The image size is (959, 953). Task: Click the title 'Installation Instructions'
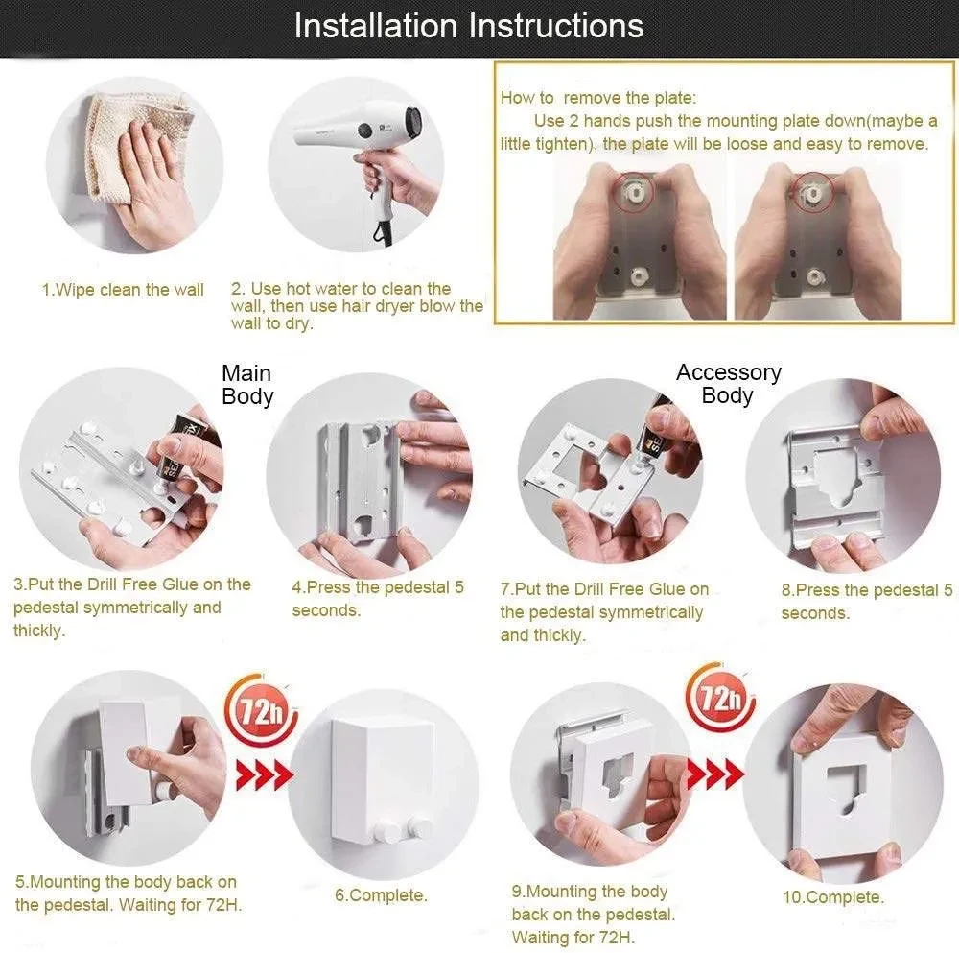(469, 26)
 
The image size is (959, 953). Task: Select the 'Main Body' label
(247, 385)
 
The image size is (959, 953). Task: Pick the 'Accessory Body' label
(729, 384)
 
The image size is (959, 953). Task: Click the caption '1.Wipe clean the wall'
(123, 290)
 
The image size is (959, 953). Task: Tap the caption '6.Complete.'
(381, 894)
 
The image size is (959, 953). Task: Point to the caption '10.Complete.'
(833, 897)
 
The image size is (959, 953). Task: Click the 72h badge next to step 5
(263, 710)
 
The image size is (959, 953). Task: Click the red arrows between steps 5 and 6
(265, 775)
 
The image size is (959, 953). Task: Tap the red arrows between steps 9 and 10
(715, 774)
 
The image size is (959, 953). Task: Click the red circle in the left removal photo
(634, 193)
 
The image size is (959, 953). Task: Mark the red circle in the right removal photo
(814, 192)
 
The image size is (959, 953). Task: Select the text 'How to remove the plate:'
(598, 98)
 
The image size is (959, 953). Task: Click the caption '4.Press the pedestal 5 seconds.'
(378, 599)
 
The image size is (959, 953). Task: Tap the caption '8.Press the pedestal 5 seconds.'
(867, 601)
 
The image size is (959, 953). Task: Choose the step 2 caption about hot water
(357, 305)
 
